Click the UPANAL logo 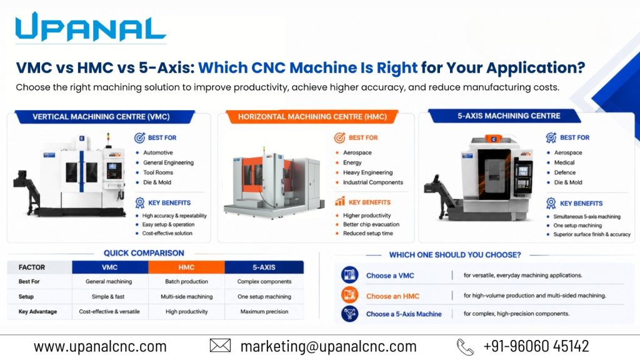90,27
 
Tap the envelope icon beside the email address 220,346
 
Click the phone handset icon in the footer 465,347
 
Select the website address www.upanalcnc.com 100,346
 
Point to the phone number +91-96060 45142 536,346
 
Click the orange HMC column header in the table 186,267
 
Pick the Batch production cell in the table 186,282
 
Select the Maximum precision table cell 264,311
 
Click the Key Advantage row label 37,311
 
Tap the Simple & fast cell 108,297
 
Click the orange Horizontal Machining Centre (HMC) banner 312,117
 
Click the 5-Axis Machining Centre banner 509,116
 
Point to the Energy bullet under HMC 352,162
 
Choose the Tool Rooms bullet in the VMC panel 158,172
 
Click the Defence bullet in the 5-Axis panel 565,172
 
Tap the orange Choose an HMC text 392,296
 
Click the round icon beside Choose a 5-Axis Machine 350,314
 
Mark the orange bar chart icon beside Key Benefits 340,201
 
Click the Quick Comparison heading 144,253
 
